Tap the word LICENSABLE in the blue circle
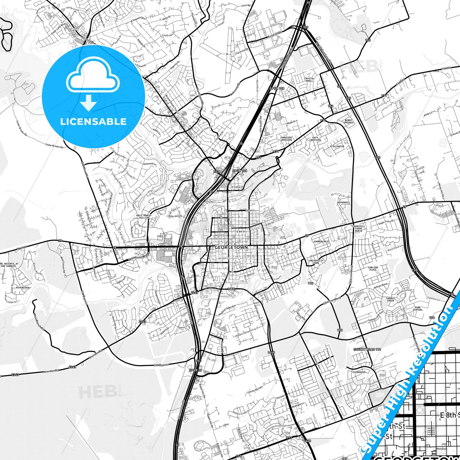tap(93, 121)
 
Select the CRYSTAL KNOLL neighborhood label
tap(309, 80)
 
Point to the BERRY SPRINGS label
tap(348, 121)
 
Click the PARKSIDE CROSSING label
tap(286, 139)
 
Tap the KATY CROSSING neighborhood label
tap(315, 139)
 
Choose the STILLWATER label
tap(337, 146)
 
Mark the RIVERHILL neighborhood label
tap(344, 202)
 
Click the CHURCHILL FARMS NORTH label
tap(358, 229)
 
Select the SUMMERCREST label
tap(321, 242)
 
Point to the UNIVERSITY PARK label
tap(316, 262)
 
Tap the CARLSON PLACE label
tap(373, 269)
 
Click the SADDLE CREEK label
tap(390, 300)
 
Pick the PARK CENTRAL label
tap(418, 308)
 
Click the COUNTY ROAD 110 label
tap(367, 350)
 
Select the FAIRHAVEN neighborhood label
tap(359, 372)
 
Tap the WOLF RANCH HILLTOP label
tap(143, 216)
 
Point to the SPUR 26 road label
tap(195, 371)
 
